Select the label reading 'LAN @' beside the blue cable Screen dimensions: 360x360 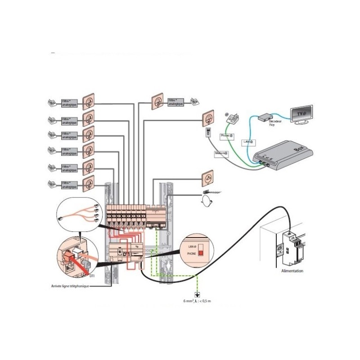248,141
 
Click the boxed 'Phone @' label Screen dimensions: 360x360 226,135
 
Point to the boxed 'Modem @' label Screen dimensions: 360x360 221,153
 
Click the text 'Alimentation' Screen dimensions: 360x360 292,271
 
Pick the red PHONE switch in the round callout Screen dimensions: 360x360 200,253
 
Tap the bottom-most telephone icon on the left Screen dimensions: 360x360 52,184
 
